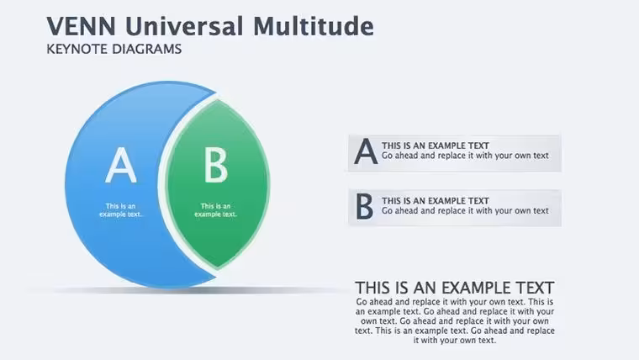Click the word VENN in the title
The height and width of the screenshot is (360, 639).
[81, 26]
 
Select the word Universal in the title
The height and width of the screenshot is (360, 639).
[184, 26]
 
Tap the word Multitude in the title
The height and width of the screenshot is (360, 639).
[314, 26]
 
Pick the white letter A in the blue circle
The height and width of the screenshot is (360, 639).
[120, 165]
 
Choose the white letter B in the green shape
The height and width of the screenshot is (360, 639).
[215, 165]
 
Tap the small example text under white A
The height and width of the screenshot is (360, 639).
[120, 210]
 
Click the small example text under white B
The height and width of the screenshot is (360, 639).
[215, 210]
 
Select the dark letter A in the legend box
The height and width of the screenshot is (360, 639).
[366, 151]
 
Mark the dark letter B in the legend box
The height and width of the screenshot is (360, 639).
[364, 206]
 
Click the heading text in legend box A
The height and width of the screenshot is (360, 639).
[436, 146]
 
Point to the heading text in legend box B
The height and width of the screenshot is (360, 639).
[436, 200]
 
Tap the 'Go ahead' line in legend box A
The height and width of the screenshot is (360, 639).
[465, 156]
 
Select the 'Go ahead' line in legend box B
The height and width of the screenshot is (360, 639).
[465, 211]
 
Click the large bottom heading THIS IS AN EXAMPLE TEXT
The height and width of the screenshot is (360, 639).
[454, 288]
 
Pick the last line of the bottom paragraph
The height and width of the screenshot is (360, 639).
[455, 340]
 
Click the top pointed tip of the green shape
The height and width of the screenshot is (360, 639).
[218, 100]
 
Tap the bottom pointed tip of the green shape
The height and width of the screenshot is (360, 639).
[217, 268]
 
